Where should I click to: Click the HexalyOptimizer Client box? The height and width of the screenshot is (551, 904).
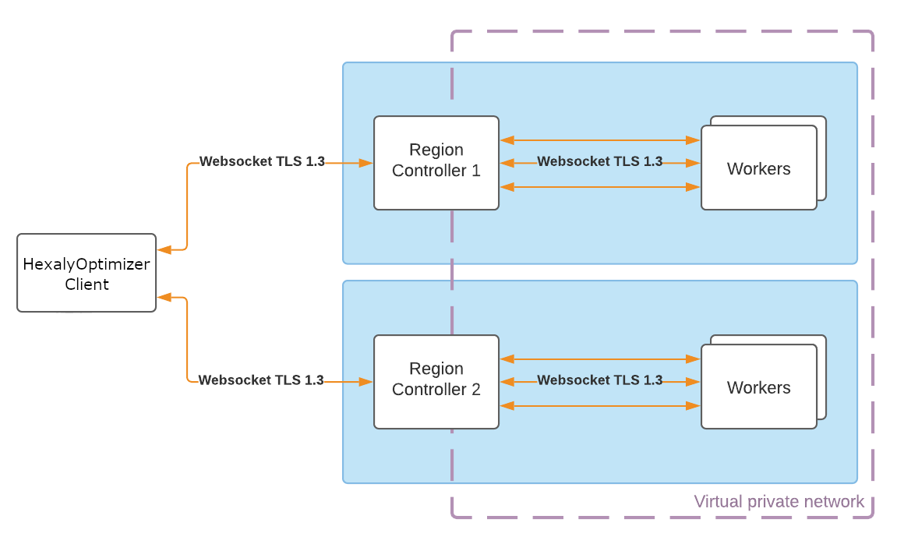(87, 273)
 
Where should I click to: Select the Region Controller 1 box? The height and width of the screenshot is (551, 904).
(436, 162)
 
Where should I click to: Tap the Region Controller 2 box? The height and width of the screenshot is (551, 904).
(436, 381)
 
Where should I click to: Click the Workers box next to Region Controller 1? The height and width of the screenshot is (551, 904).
(758, 168)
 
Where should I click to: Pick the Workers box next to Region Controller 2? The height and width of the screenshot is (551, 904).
(758, 387)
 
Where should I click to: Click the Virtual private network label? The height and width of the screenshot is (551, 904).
(779, 501)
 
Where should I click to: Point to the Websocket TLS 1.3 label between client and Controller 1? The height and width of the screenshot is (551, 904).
(262, 161)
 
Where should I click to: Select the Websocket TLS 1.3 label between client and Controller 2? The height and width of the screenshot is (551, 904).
(261, 380)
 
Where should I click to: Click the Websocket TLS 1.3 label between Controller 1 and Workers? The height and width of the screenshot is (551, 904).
(599, 161)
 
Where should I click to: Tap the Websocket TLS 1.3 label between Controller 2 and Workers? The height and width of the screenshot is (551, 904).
(599, 380)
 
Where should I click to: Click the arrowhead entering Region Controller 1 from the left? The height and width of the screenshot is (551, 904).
(365, 163)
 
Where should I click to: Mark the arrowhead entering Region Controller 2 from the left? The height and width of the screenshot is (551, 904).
(365, 382)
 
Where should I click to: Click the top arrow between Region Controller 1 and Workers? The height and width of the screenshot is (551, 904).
(599, 140)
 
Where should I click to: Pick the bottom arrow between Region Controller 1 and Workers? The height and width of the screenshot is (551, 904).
(599, 187)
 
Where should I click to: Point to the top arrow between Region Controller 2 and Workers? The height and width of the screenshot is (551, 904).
(599, 359)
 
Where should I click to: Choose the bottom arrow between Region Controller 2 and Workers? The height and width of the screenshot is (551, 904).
(599, 406)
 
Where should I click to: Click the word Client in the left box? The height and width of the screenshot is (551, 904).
(87, 284)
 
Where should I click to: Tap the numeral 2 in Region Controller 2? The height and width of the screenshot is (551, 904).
(475, 390)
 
